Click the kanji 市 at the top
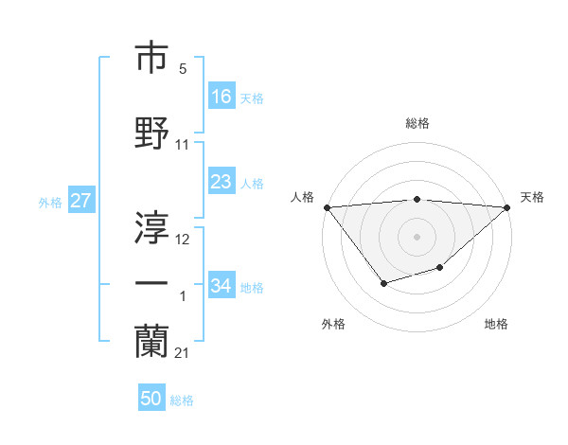[151, 59]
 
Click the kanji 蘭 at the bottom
[151, 340]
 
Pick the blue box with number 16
[222, 97]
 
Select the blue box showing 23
[222, 182]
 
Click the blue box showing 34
[222, 286]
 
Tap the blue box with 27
[80, 201]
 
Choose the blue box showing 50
[151, 399]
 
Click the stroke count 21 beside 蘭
[182, 353]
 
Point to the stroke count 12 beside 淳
[183, 240]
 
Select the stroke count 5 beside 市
[182, 69]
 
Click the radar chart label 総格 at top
[417, 123]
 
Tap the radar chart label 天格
[532, 197]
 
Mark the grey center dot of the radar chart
[417, 237]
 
